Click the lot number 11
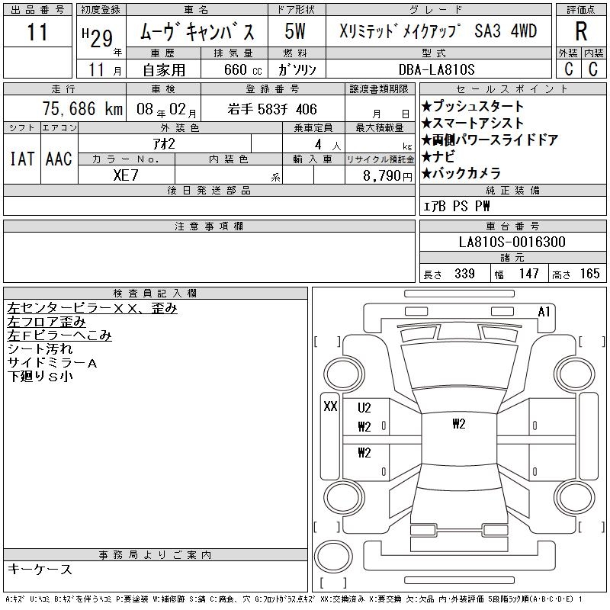point(37,31)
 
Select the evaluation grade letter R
point(581,31)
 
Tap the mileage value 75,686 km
point(82,109)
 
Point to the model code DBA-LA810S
point(436,69)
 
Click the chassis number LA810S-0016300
point(512,242)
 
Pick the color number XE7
point(126,175)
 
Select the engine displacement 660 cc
point(242,69)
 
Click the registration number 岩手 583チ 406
point(272,109)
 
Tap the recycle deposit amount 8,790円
point(387,176)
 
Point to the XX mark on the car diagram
point(330,406)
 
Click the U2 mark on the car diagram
point(364,408)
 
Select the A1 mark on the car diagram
point(544,312)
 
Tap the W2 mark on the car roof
point(459,424)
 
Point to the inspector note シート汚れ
point(40,349)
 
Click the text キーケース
point(40,569)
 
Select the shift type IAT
point(22,159)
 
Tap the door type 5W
point(295,31)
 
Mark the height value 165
point(589,274)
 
